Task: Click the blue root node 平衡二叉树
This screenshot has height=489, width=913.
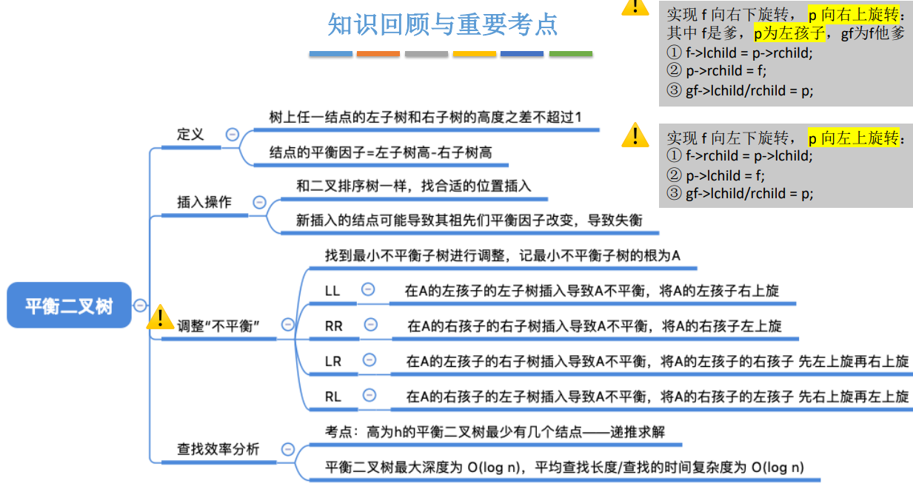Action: click(x=69, y=305)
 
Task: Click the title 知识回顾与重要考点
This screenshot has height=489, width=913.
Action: click(x=443, y=25)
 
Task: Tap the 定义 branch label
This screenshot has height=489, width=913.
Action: click(x=190, y=135)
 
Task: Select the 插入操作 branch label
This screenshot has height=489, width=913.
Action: click(x=204, y=202)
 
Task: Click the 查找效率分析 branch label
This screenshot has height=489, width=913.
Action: click(x=218, y=448)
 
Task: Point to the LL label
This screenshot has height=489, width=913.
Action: click(x=332, y=291)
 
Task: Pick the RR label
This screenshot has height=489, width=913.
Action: click(x=334, y=326)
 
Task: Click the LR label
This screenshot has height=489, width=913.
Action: click(x=333, y=361)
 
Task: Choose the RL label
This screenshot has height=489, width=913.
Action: click(x=333, y=397)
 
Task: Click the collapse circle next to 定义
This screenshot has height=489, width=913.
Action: click(x=233, y=135)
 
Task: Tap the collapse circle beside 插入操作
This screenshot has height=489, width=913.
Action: click(x=259, y=202)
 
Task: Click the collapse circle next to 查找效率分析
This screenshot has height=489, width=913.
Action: click(x=288, y=449)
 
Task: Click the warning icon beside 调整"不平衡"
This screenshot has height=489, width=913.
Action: click(x=160, y=318)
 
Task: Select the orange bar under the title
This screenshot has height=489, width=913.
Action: click(x=378, y=54)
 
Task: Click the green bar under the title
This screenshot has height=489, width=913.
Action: click(x=570, y=54)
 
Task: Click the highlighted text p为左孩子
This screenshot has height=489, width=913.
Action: click(x=789, y=33)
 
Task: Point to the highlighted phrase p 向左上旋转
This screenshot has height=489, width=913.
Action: click(x=853, y=138)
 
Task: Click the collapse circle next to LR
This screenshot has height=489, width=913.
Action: click(x=369, y=360)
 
